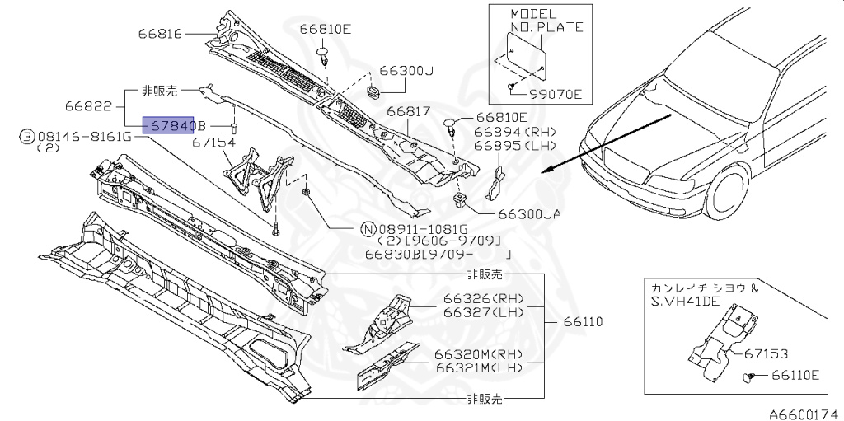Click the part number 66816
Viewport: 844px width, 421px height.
(162, 34)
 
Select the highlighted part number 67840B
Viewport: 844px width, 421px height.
(173, 125)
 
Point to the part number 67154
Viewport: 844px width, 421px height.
(214, 143)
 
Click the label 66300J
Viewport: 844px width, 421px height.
(406, 71)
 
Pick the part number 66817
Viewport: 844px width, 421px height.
(408, 111)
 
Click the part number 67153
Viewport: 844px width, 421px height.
(766, 353)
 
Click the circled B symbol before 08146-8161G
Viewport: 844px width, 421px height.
(26, 135)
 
